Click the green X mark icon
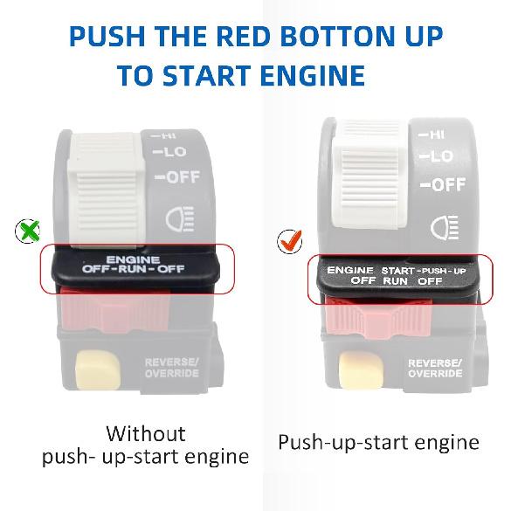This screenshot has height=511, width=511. [x=28, y=231]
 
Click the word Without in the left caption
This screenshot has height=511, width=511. [x=145, y=433]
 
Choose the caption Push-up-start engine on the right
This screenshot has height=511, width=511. [x=378, y=442]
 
